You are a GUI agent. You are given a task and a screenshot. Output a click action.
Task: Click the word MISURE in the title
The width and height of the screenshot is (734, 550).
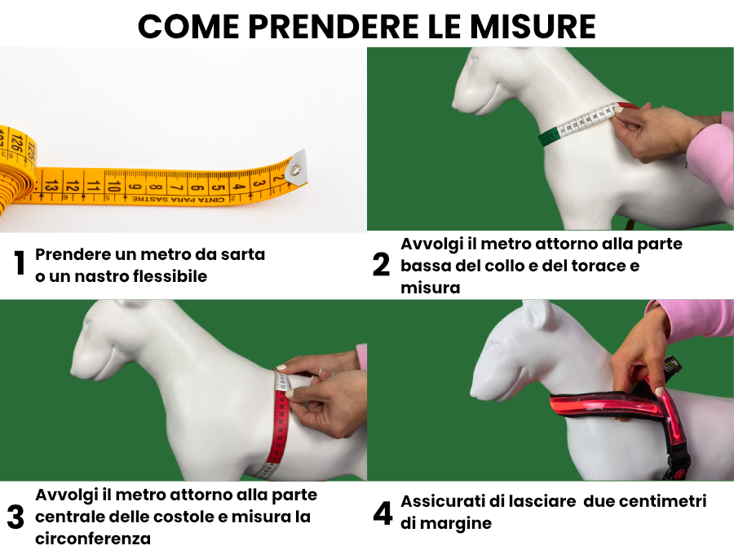(533, 27)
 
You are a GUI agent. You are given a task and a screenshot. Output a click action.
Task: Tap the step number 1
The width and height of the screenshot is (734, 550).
(20, 263)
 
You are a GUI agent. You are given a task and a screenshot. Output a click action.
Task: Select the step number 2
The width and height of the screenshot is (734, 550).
(381, 265)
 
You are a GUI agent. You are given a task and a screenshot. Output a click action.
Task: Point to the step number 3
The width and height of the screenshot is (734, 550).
(15, 517)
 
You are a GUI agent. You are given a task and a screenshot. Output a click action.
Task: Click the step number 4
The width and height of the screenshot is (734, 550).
(383, 513)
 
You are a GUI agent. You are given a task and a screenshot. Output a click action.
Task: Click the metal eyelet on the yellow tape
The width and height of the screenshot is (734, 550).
(295, 169)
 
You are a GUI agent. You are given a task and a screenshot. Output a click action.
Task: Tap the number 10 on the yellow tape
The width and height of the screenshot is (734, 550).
(113, 187)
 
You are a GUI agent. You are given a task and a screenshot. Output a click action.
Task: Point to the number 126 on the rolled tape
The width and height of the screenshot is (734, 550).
(17, 142)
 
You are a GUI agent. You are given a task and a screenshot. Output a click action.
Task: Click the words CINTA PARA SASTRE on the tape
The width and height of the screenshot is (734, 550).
(179, 200)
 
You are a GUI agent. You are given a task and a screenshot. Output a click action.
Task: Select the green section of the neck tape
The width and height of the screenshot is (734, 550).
(549, 136)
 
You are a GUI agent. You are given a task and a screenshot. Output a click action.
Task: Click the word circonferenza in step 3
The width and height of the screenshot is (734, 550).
(93, 539)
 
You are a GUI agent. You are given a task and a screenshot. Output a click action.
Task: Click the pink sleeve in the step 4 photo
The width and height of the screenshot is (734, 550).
(692, 319)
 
